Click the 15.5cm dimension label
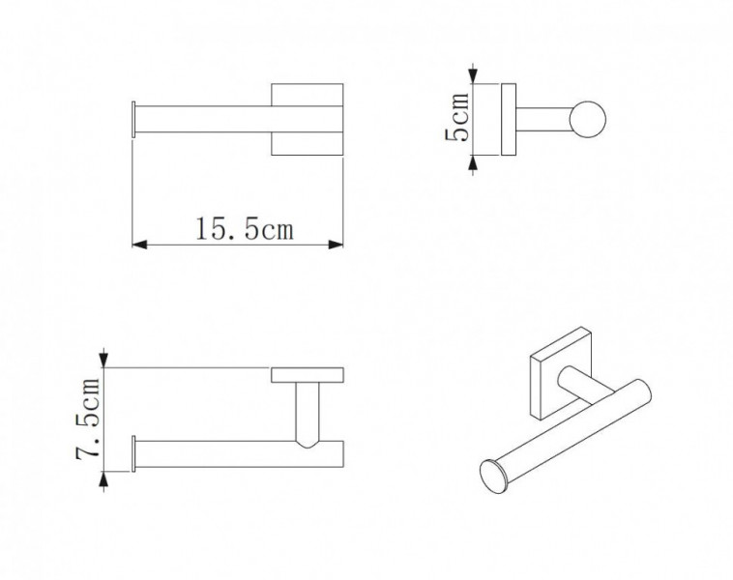point(245,229)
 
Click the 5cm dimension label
point(456,117)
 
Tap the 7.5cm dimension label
point(88,420)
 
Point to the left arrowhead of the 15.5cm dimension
point(140,245)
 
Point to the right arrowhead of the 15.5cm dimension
point(336,245)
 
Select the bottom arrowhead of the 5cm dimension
point(474,163)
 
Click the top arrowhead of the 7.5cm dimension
point(103,360)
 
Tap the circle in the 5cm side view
point(588,119)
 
